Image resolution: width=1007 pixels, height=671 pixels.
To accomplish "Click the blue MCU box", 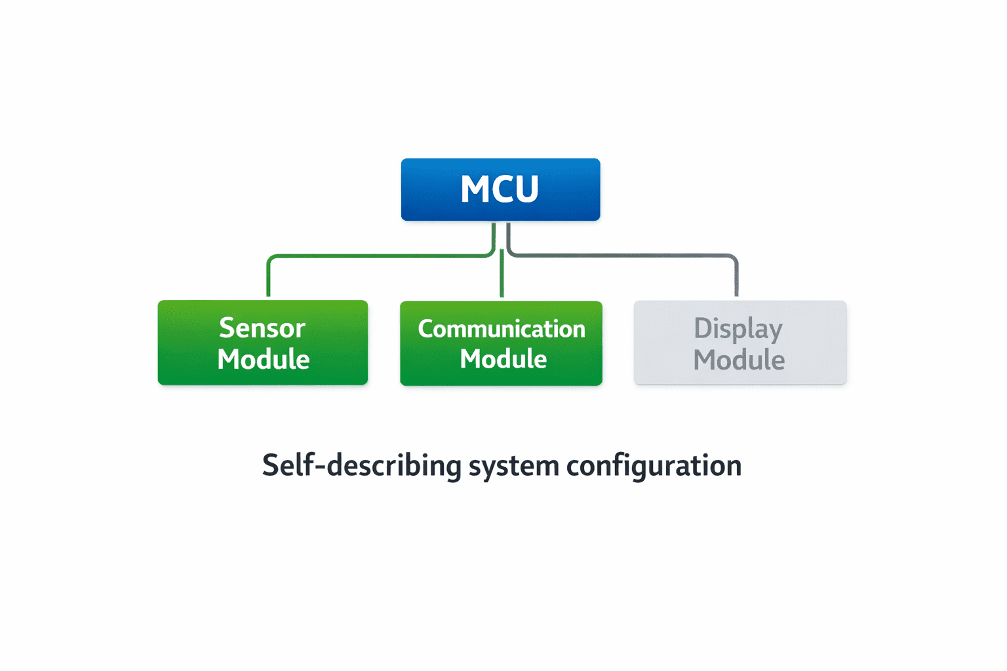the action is pos(500,189).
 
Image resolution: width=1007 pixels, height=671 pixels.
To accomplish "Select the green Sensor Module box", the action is pos(263,343).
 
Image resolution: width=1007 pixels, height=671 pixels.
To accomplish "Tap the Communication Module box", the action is pos(502,343).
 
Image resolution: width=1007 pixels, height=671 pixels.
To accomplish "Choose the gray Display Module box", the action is pos(740,343).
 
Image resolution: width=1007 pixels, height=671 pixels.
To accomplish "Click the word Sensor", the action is pos(262,328).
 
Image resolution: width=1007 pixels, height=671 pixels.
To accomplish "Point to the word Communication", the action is pos(502,329).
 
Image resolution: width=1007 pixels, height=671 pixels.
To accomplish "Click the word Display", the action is pos(738,329).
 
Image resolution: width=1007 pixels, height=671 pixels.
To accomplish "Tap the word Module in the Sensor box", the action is pos(264,359).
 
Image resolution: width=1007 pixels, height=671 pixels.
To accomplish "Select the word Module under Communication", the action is pos(503,358).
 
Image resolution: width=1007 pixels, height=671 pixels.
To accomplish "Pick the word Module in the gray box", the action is pos(739,360).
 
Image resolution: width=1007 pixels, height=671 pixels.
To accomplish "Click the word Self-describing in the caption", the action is pos(362,466).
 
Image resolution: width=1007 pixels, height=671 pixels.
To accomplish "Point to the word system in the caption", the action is pos(514,467).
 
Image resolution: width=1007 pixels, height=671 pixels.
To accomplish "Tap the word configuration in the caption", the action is pos(654,467).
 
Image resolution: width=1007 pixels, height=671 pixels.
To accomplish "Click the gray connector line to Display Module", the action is pos(623,256).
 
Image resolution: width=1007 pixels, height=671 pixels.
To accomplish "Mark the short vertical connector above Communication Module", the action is pos(502,273).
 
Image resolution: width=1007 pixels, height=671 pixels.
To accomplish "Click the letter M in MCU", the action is pos(475,189).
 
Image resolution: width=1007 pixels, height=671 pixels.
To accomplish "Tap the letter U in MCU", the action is pos(526,189).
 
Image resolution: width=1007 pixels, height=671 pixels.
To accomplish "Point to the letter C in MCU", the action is pos(501,189).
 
